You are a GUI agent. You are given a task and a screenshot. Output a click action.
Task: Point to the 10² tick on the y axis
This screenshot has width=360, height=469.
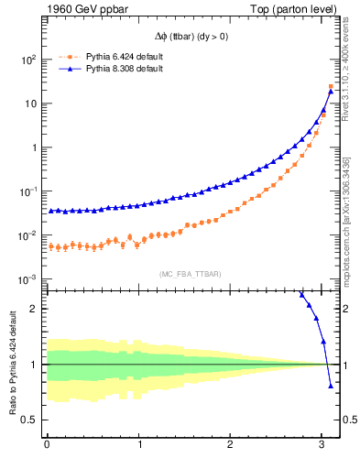click(x=27, y=60)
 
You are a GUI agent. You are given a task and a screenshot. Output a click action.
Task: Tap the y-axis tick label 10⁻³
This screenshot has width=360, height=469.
click(x=27, y=279)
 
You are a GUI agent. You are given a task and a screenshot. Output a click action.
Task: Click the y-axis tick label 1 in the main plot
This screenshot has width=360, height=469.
click(x=33, y=147)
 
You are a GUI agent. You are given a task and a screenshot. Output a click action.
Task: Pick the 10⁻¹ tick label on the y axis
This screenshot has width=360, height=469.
click(x=27, y=191)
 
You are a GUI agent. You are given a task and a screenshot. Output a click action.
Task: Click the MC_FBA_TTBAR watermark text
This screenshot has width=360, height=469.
click(x=190, y=273)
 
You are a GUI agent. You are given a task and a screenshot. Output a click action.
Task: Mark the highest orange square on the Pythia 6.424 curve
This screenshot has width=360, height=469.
click(x=331, y=86)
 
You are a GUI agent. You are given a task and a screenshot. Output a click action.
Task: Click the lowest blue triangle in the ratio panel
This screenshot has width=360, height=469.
click(x=331, y=386)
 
